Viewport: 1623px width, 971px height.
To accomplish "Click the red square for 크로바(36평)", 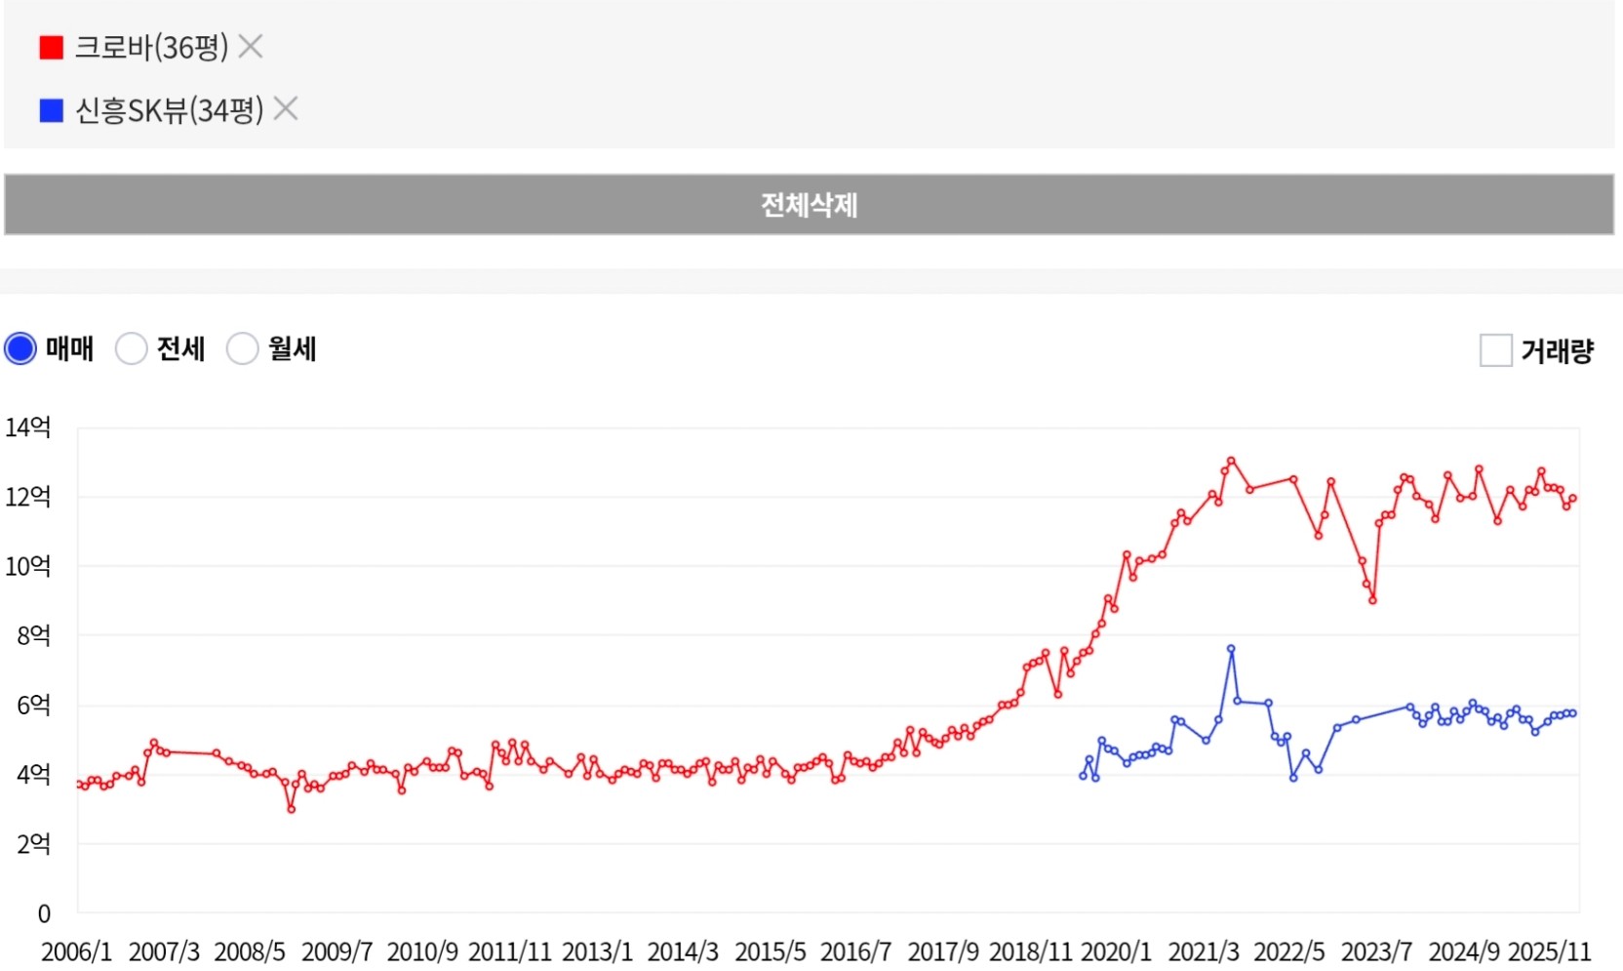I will point(51,47).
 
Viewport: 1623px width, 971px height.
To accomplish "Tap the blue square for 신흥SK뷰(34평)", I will point(51,110).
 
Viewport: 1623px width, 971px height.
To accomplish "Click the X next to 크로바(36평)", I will point(251,46).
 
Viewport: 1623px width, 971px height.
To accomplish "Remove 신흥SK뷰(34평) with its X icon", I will point(286,108).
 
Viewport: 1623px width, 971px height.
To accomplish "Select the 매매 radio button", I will point(20,348).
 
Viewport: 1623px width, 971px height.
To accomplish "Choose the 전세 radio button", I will point(132,348).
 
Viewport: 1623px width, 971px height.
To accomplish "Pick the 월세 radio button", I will point(242,348).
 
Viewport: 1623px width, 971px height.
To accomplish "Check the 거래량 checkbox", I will point(1495,349).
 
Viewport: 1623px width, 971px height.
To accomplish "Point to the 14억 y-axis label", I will point(28,427).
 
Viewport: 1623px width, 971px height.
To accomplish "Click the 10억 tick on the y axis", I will point(28,566).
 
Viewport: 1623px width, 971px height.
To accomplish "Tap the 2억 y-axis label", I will point(33,844).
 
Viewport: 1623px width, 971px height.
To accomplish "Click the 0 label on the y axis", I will point(44,914).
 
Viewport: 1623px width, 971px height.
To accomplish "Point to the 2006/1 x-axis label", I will point(76,951).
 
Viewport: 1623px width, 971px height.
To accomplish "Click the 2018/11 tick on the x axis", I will point(1030,951).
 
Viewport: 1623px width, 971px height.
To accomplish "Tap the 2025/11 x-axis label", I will point(1549,951).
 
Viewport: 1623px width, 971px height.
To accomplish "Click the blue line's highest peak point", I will point(1231,649).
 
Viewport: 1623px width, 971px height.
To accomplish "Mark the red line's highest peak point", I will point(1231,461).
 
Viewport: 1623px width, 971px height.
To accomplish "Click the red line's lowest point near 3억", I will point(291,809).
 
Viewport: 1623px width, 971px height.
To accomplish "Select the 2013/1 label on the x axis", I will point(597,951).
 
